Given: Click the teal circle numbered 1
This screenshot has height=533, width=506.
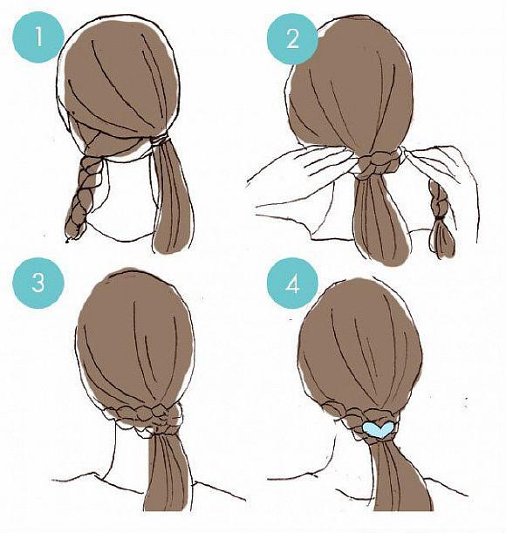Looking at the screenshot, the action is pyautogui.click(x=38, y=37).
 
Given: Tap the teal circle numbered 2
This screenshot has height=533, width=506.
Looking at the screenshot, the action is pyautogui.click(x=292, y=38).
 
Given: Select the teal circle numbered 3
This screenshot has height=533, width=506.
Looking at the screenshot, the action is pyautogui.click(x=38, y=283).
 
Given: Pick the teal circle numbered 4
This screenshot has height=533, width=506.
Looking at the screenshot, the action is pyautogui.click(x=292, y=283).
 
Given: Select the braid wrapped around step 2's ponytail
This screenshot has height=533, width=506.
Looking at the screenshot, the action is pyautogui.click(x=378, y=162).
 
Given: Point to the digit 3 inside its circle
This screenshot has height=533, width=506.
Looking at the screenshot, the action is pyautogui.click(x=38, y=283).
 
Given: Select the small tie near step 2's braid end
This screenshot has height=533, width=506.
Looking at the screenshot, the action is pyautogui.click(x=441, y=217).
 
